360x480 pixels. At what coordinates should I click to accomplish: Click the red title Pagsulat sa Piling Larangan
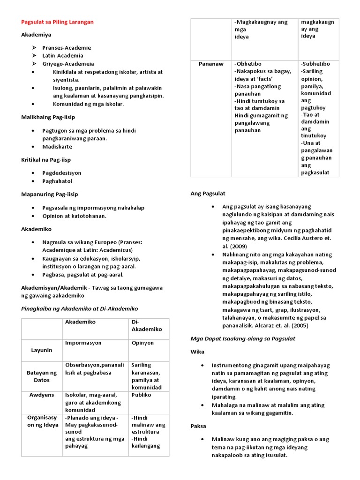coord(57,22)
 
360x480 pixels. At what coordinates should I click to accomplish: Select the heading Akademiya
coord(36,35)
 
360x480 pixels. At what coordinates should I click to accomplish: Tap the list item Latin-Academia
coord(62,55)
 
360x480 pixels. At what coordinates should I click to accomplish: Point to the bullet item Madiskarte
coord(57,146)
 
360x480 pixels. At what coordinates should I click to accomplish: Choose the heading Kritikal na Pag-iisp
coord(46,160)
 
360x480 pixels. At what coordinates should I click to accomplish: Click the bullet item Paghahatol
coord(57,181)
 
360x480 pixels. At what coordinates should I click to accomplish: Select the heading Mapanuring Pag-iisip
coord(50,194)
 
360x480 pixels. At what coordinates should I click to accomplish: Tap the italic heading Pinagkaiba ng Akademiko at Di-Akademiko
coord(80,308)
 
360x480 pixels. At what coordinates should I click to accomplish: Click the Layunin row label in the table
coord(42,350)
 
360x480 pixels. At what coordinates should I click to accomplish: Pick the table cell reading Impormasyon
coord(83,343)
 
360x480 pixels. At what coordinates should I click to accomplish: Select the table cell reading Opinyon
coord(142,343)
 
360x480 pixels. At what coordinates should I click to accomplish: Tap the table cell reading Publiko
coord(141,395)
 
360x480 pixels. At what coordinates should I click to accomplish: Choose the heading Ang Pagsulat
coord(208,193)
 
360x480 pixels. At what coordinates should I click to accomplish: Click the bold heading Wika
coord(197,351)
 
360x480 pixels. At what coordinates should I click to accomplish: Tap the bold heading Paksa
coord(198,426)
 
